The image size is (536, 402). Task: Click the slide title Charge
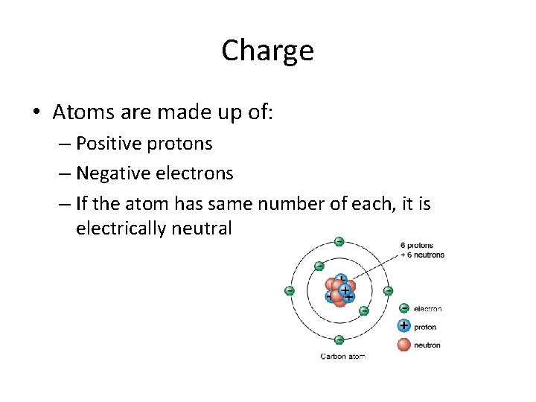tap(267, 51)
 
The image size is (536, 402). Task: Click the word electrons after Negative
tap(194, 173)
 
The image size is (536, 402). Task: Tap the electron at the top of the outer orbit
tap(339, 241)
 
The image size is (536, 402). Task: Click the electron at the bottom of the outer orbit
tap(339, 339)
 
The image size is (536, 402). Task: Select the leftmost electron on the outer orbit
tap(290, 290)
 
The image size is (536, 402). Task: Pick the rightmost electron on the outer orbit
tap(388, 290)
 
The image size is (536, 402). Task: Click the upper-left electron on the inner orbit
tap(319, 266)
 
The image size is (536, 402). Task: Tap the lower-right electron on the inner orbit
tap(364, 310)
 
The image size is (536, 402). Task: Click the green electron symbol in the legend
tap(403, 308)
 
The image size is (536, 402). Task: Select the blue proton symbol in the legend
tap(403, 326)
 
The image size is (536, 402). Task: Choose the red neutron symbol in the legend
tap(403, 344)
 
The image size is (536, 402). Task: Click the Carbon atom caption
tap(342, 357)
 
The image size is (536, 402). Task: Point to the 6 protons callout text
tap(416, 246)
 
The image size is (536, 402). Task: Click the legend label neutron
tap(427, 345)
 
